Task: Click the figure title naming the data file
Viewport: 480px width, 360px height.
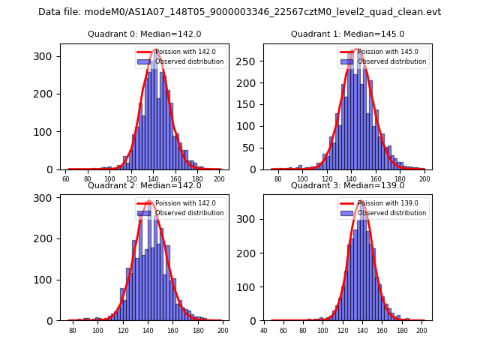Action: [x=239, y=12]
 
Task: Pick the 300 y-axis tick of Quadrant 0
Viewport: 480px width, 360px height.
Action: [x=48, y=56]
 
